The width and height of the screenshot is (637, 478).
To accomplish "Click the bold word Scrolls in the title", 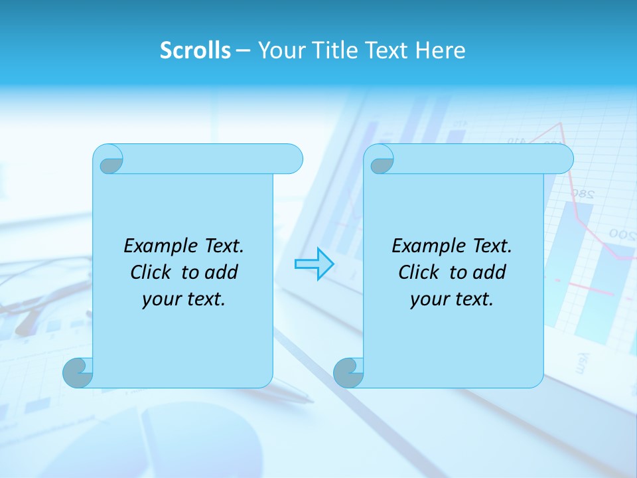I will click(x=195, y=50).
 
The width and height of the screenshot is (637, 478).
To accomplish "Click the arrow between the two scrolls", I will click(x=314, y=264).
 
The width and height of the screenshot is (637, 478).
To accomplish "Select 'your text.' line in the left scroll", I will click(x=184, y=299).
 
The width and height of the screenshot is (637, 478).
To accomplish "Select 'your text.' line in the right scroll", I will click(x=452, y=299).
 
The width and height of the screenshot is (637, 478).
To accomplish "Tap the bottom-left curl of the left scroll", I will click(x=78, y=372).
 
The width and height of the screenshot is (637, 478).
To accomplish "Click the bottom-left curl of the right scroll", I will click(x=348, y=372).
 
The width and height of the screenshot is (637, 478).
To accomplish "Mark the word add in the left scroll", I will click(x=222, y=272).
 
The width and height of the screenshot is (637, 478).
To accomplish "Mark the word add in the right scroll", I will click(x=490, y=272).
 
